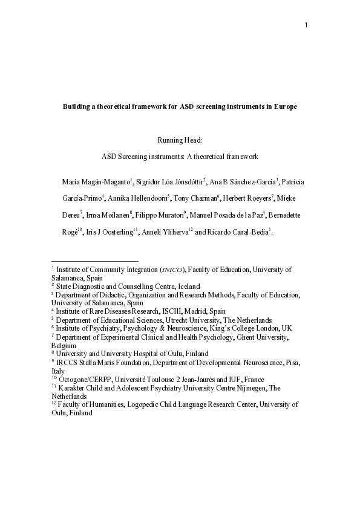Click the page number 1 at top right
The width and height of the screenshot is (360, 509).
pos(306,25)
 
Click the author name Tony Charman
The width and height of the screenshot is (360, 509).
pos(196,198)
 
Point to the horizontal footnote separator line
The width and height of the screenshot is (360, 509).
pos(95,261)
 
